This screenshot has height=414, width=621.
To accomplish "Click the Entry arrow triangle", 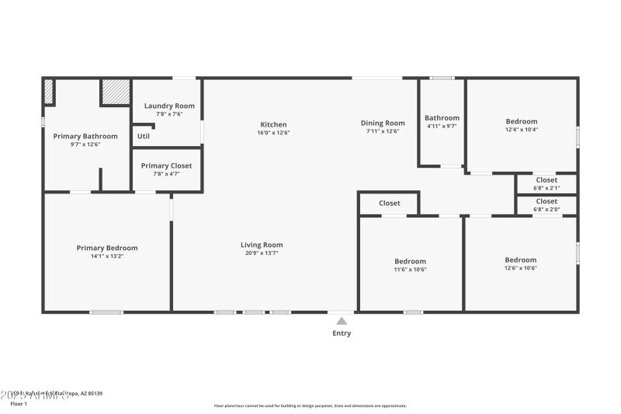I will pos(342,321).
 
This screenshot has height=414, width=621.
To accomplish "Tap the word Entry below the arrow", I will pos(342,333).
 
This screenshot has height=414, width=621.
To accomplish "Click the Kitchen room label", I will pos(273,124).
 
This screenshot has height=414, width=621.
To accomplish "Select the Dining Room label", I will pos(383,123).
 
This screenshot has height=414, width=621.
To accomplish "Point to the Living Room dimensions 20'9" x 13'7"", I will pos(262,252).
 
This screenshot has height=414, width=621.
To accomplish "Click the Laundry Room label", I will pos(169,106).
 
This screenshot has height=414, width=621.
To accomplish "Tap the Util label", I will pos(144,136).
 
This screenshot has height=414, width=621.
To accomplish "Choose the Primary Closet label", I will pos(166,165).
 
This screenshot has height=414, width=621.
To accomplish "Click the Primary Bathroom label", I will pos(85,136).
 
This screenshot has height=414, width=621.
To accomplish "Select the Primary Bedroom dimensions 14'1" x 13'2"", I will pos(107,256).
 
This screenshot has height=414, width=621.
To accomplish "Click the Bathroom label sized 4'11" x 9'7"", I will pos(442,118).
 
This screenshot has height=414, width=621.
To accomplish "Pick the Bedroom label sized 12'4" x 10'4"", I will pos(521,121).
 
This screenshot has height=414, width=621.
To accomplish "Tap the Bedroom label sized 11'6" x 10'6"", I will pos(410,261).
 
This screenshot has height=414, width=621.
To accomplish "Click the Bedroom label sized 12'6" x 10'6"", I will pos(520,259).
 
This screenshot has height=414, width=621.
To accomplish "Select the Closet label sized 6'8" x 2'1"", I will pos(546,179).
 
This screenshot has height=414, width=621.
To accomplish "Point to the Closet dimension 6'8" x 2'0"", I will pos(546,209).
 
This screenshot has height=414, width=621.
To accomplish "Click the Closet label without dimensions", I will pos(390,204).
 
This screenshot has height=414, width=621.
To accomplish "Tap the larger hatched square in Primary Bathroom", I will pos(115,92).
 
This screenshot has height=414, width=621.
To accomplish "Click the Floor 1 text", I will pos(19,404).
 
